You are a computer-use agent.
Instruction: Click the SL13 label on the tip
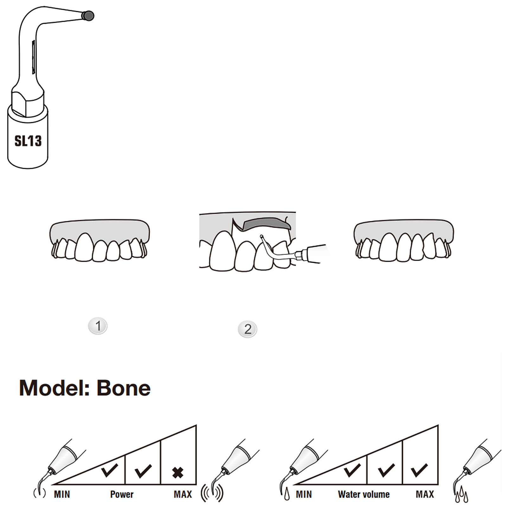pyautogui.click(x=28, y=141)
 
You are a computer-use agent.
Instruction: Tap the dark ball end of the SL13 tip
pyautogui.click(x=88, y=16)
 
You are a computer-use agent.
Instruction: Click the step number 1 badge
pyautogui.click(x=98, y=326)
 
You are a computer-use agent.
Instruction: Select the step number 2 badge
pyautogui.click(x=247, y=329)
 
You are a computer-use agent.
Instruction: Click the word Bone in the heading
pyautogui.click(x=124, y=388)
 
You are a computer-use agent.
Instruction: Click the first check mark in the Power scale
pyautogui.click(x=110, y=470)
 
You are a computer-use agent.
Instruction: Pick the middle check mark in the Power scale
pyautogui.click(x=143, y=471)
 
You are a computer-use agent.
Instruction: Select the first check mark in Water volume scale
pyautogui.click(x=352, y=470)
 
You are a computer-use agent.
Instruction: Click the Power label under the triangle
pyautogui.click(x=122, y=494)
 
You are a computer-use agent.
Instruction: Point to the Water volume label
pyautogui.click(x=364, y=494)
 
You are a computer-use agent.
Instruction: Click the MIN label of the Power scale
pyautogui.click(x=62, y=494)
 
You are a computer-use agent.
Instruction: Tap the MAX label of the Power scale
pyautogui.click(x=183, y=494)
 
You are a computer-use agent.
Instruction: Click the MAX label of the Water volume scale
pyautogui.click(x=425, y=494)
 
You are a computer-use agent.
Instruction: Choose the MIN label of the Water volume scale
pyautogui.click(x=304, y=494)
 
